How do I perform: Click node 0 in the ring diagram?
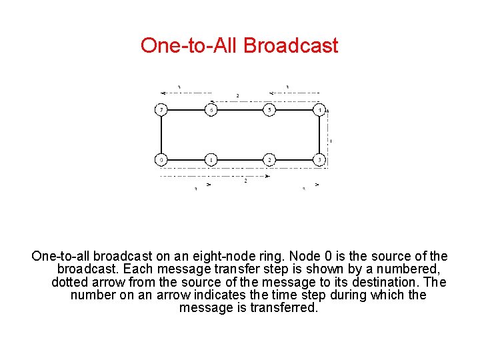point(161,160)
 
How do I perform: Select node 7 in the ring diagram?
point(161,110)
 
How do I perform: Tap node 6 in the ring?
point(211,110)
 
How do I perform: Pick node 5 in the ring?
point(269,110)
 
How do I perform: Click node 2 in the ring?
point(269,160)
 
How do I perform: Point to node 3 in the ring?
point(321,160)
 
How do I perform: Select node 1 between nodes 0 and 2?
point(211,160)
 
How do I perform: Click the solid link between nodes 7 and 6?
point(186,110)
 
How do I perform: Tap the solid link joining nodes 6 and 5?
point(240,110)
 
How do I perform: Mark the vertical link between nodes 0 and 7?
point(161,135)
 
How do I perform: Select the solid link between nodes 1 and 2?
point(240,160)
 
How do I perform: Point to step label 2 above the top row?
point(237,96)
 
